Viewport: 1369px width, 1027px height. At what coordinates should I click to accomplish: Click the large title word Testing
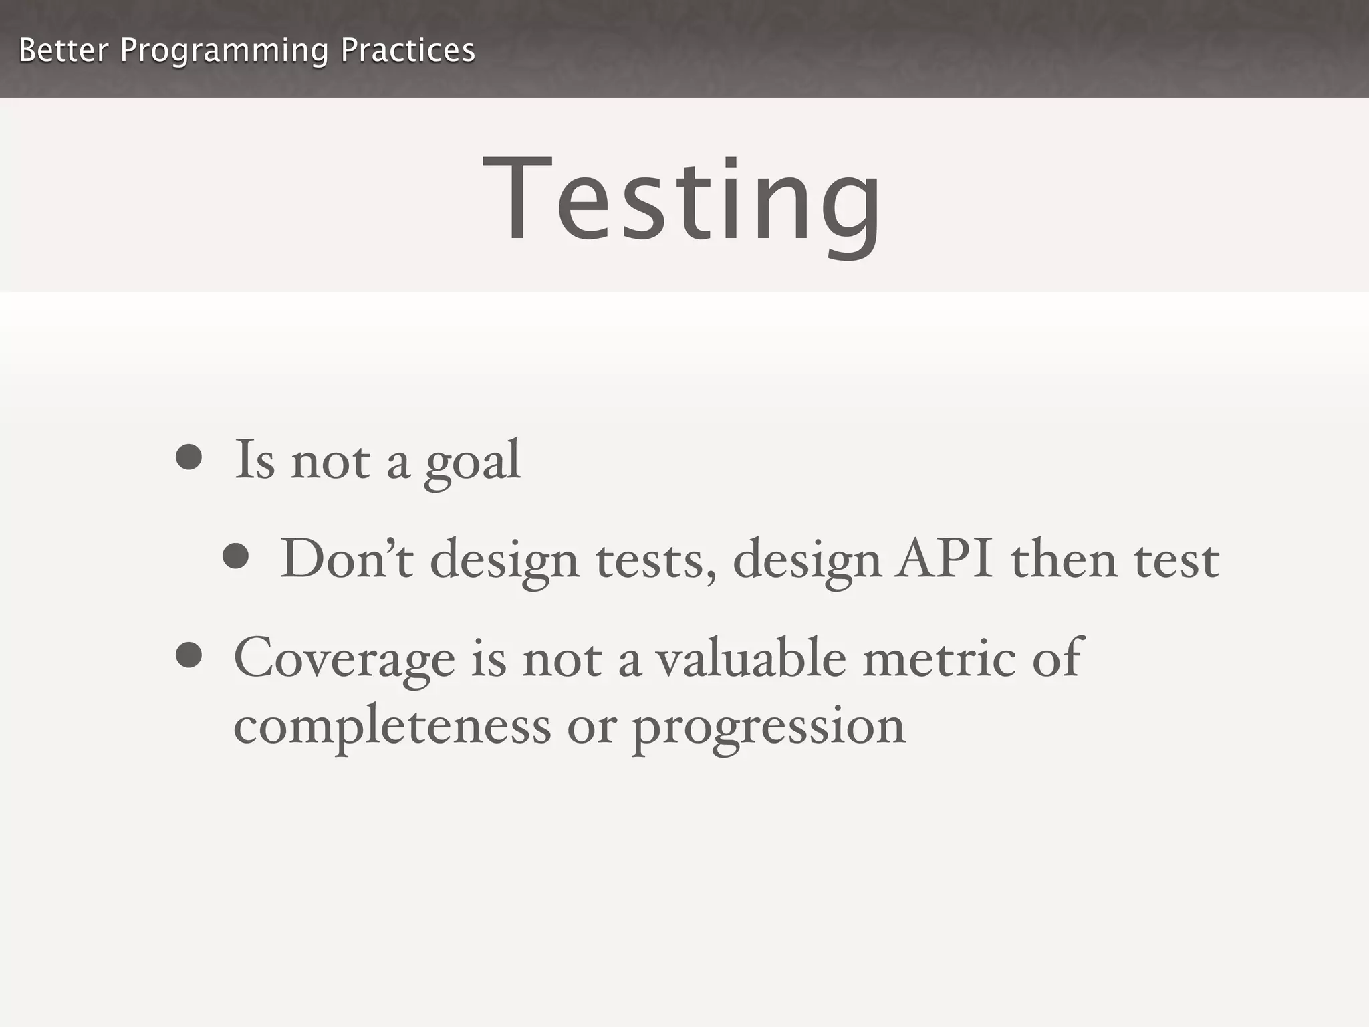point(682,201)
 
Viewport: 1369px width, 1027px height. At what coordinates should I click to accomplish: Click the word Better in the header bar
point(64,51)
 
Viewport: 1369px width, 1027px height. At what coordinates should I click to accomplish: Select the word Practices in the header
point(408,51)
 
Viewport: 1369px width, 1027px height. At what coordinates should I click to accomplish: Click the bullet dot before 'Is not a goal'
point(189,458)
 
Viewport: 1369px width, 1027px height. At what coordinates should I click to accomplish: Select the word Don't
point(346,558)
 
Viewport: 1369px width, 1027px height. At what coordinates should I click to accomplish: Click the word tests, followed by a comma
point(656,560)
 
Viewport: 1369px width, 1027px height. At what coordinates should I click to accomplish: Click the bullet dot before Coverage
point(189,655)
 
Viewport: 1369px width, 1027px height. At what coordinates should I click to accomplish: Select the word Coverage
point(344,659)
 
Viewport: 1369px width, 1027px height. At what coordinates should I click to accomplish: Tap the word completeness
point(392,727)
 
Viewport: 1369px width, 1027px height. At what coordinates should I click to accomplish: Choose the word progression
point(769,729)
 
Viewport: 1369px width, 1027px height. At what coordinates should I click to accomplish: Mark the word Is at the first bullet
point(255,460)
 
